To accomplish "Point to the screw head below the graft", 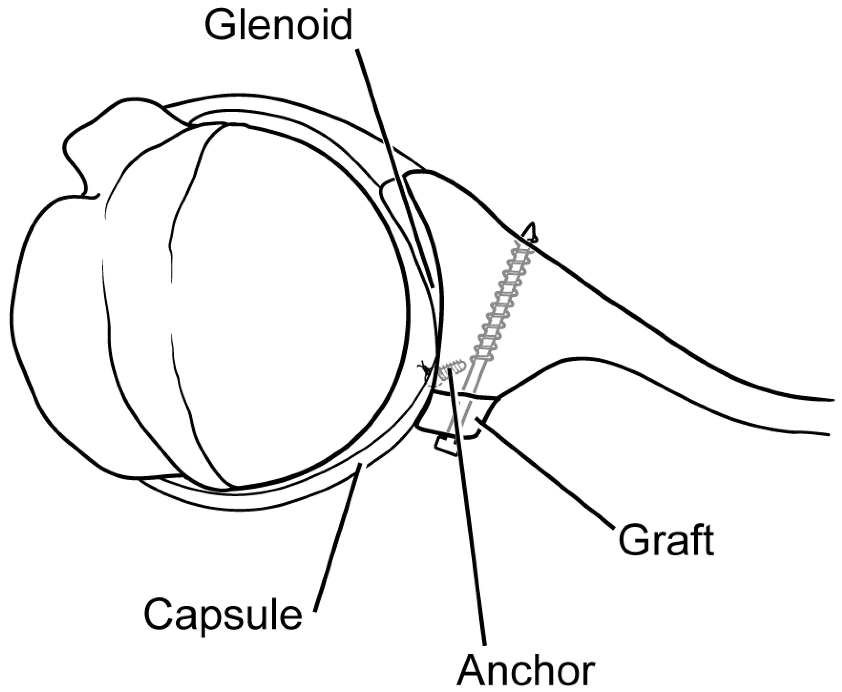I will [x=446, y=445].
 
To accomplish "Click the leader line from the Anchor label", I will [x=470, y=518].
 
